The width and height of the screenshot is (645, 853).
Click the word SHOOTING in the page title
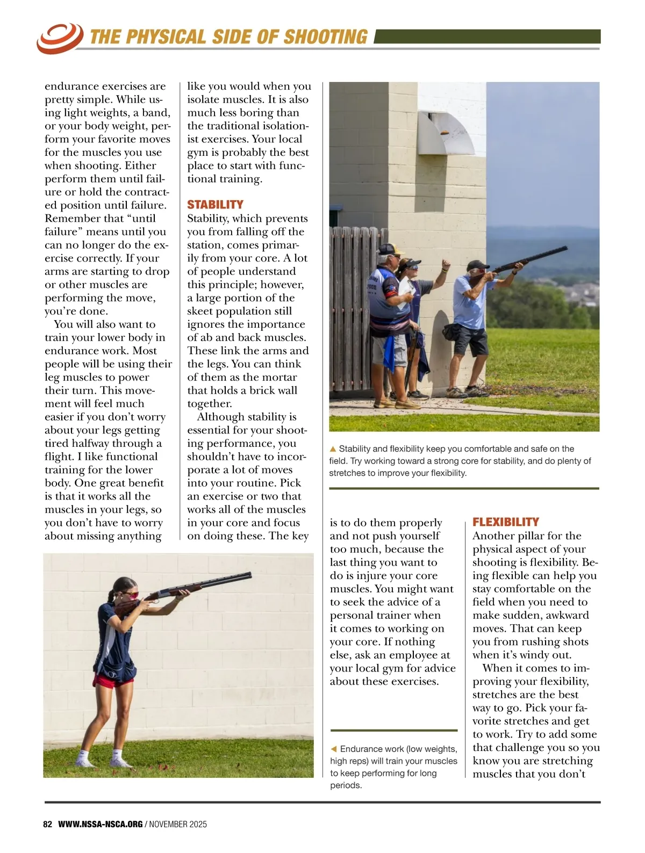tap(325, 37)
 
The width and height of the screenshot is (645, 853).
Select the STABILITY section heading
tap(215, 205)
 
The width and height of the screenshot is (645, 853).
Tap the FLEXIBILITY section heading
tap(505, 522)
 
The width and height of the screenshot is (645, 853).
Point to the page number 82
tap(48, 824)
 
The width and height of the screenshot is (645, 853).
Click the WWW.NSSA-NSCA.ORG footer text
tap(101, 824)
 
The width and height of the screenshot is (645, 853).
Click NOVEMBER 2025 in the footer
tap(178, 824)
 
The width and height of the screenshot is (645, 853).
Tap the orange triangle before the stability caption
tap(333, 449)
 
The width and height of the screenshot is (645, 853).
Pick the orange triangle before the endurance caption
tap(334, 749)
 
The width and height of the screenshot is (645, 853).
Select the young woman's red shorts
tap(113, 681)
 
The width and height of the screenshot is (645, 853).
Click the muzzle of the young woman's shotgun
tap(249, 576)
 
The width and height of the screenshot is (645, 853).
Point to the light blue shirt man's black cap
tap(477, 265)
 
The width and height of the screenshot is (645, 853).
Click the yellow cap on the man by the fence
tap(392, 249)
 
